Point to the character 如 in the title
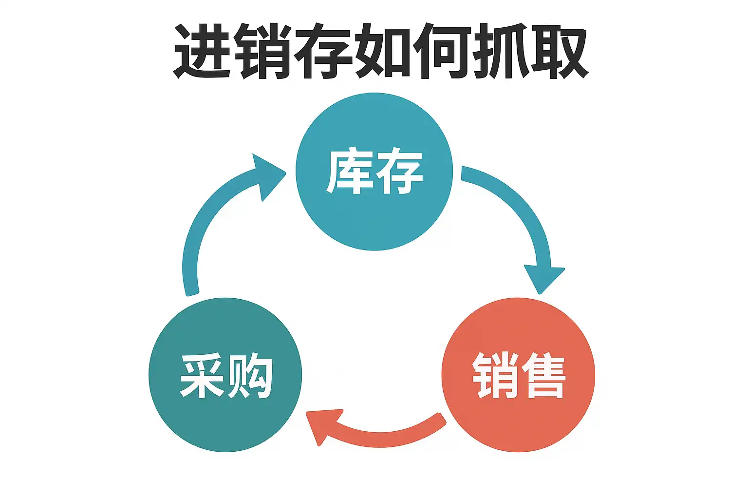tap(382, 52)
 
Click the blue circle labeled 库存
tap(374, 172)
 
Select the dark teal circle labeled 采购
tap(225, 375)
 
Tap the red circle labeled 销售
tap(518, 375)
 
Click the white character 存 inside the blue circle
tap(399, 171)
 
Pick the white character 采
tap(202, 376)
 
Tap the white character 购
tap(249, 376)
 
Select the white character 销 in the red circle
tap(495, 375)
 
